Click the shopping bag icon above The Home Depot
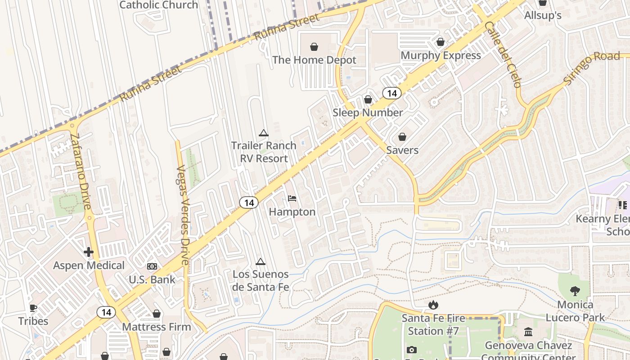click(x=314, y=47)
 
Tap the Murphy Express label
click(x=441, y=55)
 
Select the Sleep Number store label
click(x=368, y=112)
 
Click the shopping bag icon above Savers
click(x=402, y=137)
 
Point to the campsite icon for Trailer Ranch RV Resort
click(x=264, y=133)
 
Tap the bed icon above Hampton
click(x=292, y=198)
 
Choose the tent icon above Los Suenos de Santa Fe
click(x=260, y=262)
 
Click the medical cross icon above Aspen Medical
click(x=89, y=252)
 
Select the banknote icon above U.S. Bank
click(x=152, y=266)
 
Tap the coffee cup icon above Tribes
click(x=33, y=308)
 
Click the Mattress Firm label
click(x=157, y=327)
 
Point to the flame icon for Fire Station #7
click(x=433, y=305)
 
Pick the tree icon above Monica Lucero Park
click(x=575, y=291)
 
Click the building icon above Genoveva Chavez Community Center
click(x=528, y=332)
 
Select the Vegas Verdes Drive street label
click(x=182, y=215)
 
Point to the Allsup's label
click(x=543, y=15)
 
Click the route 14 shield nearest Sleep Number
click(x=392, y=93)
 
